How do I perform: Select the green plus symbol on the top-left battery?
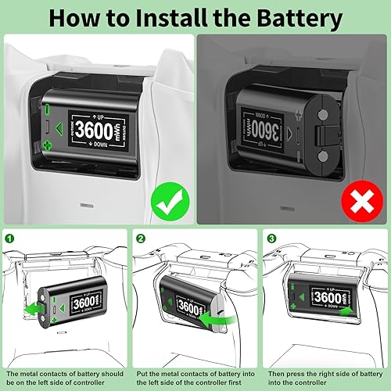pos(46,145)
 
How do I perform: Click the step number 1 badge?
pos(9,238)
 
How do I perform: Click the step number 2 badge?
pos(139,238)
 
